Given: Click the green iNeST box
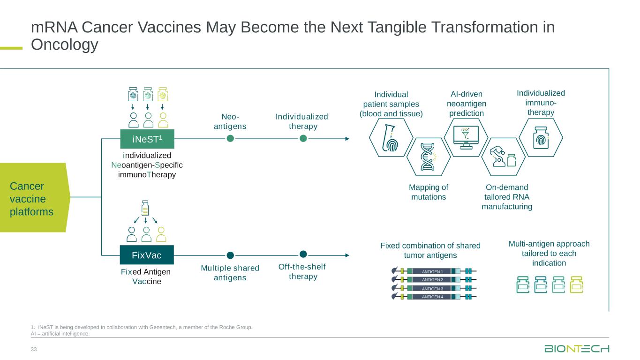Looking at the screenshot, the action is coord(147,139).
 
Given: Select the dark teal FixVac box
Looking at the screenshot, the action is coord(147,255).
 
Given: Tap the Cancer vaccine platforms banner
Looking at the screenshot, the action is coord(35,197).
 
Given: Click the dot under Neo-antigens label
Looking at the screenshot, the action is coord(230,139).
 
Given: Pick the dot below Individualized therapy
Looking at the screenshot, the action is coord(303,139).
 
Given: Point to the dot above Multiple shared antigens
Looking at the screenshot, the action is coord(230,255).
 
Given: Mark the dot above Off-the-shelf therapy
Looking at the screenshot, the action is coord(303,254).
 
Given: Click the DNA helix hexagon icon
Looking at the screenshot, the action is coord(428,157).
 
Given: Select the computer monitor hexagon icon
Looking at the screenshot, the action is coord(466,138).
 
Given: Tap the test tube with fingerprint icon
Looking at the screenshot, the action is coord(391,138).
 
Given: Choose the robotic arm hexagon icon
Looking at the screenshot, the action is coord(504,157).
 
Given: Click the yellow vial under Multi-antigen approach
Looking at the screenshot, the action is coord(576,285).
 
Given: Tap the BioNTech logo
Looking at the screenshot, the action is coord(577,349).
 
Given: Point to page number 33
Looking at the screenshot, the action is coord(34,349).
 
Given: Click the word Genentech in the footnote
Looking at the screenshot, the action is coord(162,327).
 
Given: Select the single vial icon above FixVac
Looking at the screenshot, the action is coord(145,208).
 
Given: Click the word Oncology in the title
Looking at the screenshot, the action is coord(65,45).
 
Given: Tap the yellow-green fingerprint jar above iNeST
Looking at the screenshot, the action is coord(163,94).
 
